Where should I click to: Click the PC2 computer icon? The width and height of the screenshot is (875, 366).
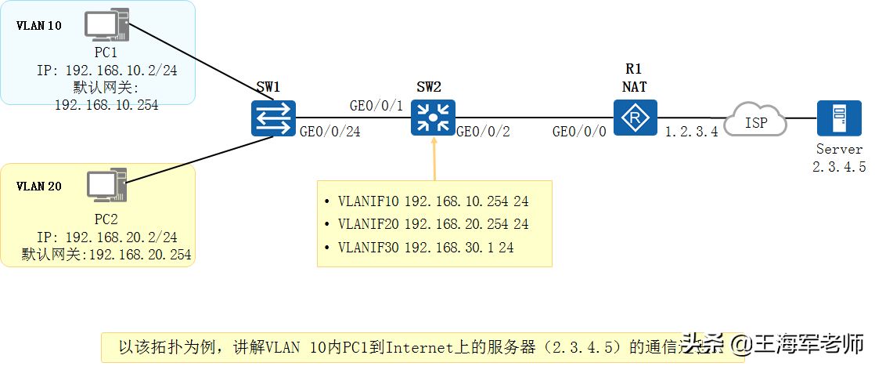(x=106, y=187)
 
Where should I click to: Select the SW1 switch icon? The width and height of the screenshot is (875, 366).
(x=273, y=118)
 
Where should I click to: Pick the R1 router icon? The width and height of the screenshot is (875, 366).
(x=635, y=118)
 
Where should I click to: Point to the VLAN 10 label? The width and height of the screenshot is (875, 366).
(x=39, y=26)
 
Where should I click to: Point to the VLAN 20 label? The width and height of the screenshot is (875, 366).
(x=39, y=187)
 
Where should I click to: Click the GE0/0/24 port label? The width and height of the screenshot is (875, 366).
(x=329, y=133)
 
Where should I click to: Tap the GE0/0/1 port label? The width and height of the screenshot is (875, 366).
(x=376, y=106)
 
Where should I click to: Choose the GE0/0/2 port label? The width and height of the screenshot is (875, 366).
(x=483, y=133)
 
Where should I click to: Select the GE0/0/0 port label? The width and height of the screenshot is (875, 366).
(x=579, y=133)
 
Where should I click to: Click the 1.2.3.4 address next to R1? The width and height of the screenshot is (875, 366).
(x=691, y=133)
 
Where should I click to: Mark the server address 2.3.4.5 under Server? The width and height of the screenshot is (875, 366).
(x=840, y=167)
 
